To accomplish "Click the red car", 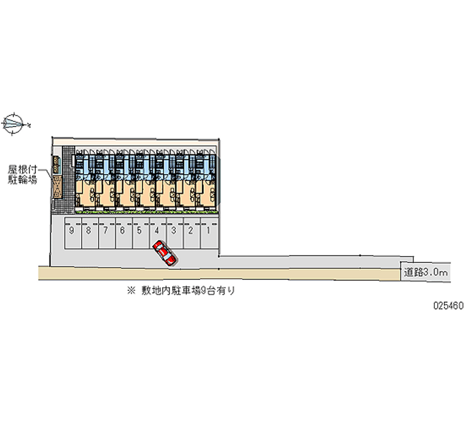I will point(165,254).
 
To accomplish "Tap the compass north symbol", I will point(14,124).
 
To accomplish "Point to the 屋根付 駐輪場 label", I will point(23,174).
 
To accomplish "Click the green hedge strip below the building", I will point(145,211).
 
